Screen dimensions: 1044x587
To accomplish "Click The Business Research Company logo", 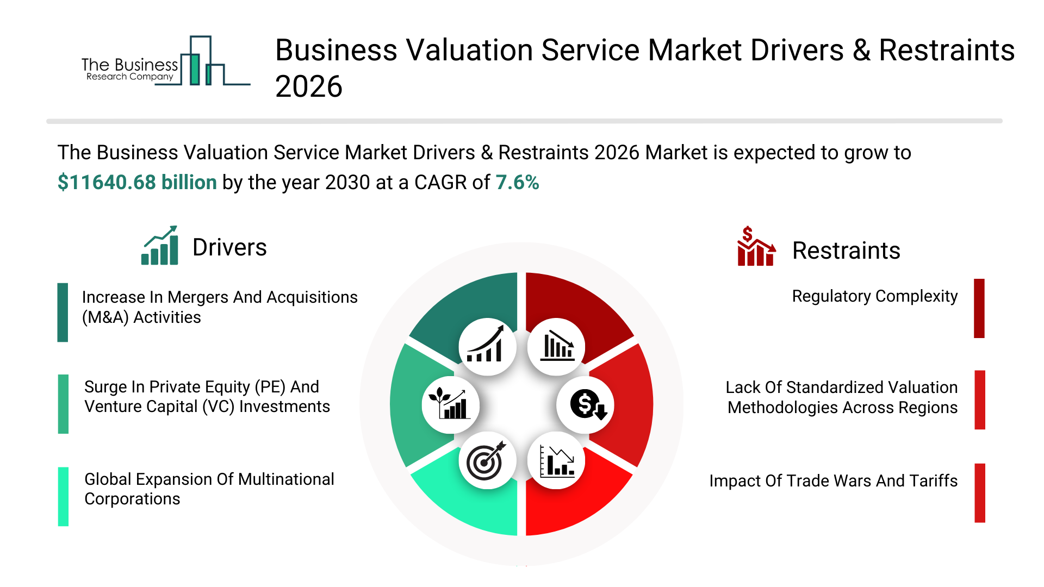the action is tap(166, 61).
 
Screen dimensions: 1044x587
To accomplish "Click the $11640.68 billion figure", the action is tap(137, 183).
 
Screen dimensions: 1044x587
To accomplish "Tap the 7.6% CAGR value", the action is tap(517, 183).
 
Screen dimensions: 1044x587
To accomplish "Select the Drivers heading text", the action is tap(229, 247).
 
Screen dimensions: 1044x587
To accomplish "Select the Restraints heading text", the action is tap(846, 251).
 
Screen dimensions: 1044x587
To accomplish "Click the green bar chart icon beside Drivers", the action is tap(160, 245).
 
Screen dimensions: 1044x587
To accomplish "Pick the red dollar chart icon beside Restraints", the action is tap(756, 246).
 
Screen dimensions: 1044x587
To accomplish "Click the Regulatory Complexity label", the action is tap(874, 296).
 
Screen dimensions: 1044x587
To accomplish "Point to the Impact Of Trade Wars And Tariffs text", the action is tap(833, 481).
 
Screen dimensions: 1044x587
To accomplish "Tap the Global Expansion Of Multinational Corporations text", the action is tap(209, 489).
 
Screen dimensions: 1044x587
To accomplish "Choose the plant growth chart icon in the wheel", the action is tap(449, 403).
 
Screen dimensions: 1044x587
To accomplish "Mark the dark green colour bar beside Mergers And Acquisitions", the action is tap(63, 313).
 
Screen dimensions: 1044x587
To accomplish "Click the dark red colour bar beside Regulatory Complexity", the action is tap(979, 308).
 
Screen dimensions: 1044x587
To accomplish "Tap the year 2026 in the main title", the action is tap(309, 86).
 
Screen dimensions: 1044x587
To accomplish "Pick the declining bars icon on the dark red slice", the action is tap(557, 346).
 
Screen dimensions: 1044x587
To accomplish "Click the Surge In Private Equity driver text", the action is tap(207, 397).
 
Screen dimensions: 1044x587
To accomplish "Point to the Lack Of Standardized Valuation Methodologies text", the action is tap(842, 397).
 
